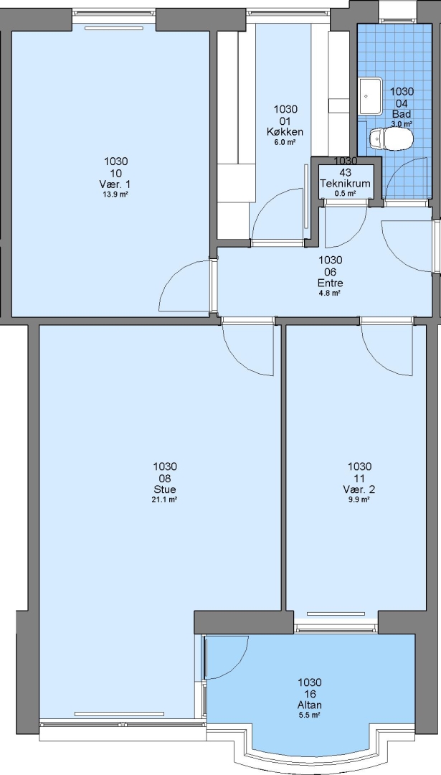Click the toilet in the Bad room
[391, 139]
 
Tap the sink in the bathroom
[371, 95]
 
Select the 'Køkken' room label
[285, 132]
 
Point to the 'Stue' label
[165, 489]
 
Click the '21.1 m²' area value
[165, 499]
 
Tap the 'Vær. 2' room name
[359, 489]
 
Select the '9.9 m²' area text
[359, 499]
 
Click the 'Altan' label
[310, 705]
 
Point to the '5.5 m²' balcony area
[310, 715]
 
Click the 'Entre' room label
[331, 283]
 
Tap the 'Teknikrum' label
[345, 184]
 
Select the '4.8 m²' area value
[331, 293]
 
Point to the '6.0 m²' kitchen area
[285, 142]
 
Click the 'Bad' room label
[402, 114]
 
